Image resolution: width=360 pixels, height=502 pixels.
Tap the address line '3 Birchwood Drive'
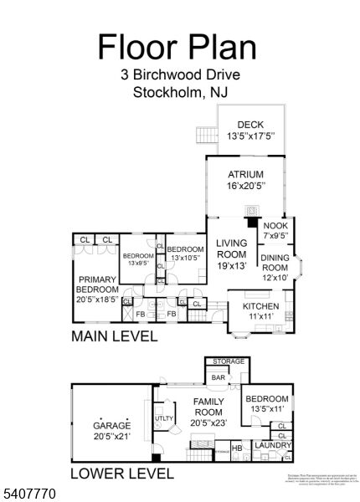[x=179, y=75]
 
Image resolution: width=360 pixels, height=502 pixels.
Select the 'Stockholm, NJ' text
[x=179, y=92]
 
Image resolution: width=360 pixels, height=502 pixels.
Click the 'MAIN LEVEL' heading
[x=114, y=337]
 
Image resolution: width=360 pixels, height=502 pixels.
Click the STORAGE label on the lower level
[x=228, y=361]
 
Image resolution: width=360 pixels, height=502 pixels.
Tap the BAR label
[x=218, y=378]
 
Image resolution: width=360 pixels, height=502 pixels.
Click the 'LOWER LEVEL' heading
[x=121, y=474]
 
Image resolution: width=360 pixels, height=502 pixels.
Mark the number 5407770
[x=30, y=495]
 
